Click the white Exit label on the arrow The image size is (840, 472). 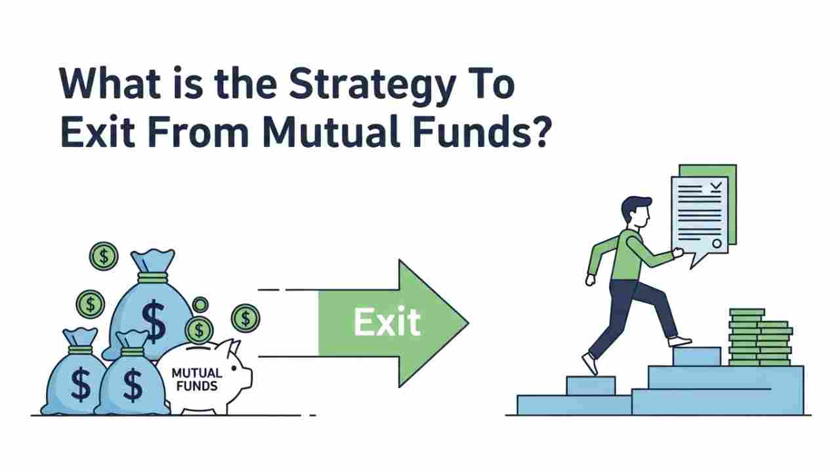coord(386,322)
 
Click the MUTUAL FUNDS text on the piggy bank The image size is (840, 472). coord(196,379)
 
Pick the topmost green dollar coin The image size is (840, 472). coord(104,256)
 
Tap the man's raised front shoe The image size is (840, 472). coord(680,341)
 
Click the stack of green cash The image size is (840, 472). coord(759,338)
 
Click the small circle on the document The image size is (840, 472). coord(717,244)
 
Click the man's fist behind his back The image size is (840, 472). coord(590,279)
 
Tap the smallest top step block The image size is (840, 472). coord(696,356)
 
